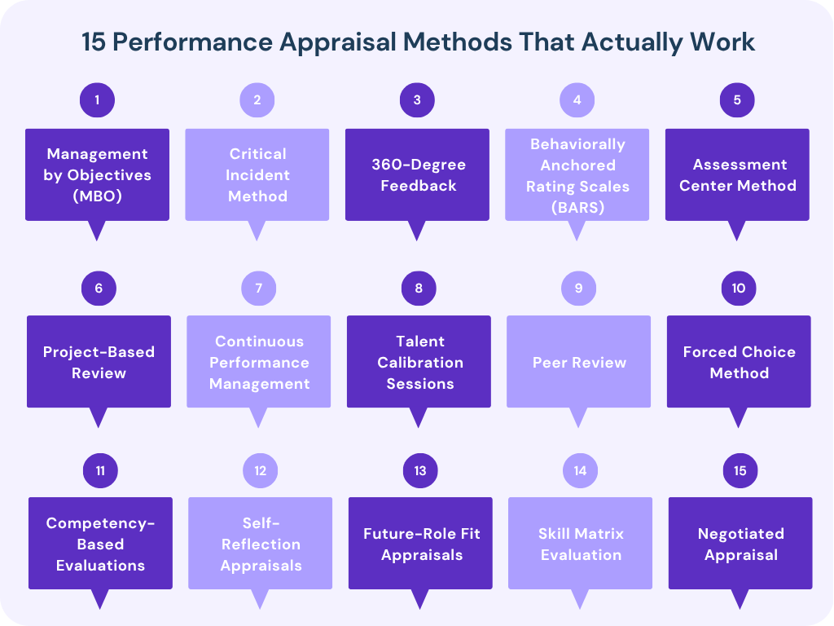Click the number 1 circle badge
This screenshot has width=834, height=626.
pyautogui.click(x=97, y=100)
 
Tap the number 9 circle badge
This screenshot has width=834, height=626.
pyautogui.click(x=578, y=288)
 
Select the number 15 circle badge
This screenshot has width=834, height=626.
pyautogui.click(x=740, y=470)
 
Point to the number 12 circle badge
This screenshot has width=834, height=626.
pyautogui.click(x=260, y=470)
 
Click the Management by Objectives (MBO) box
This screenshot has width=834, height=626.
pyautogui.click(x=97, y=174)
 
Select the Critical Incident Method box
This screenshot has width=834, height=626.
pyautogui.click(x=257, y=174)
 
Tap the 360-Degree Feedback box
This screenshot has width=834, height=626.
pyautogui.click(x=417, y=174)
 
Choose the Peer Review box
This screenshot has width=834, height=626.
pyautogui.click(x=578, y=362)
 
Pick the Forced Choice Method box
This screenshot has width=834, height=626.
pyautogui.click(x=739, y=362)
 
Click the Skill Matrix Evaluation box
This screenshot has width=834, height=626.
pyautogui.click(x=580, y=544)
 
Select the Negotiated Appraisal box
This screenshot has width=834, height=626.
pyautogui.click(x=740, y=544)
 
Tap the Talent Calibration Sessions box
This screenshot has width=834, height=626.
pyautogui.click(x=419, y=362)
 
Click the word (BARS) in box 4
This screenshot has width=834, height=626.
pyautogui.click(x=577, y=207)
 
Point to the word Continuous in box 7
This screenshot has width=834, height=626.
pyautogui.click(x=259, y=342)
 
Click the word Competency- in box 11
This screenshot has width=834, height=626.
pyautogui.click(x=100, y=523)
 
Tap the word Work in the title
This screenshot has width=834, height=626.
pyautogui.click(x=726, y=42)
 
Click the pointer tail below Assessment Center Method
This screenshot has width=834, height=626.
pyautogui.click(x=737, y=231)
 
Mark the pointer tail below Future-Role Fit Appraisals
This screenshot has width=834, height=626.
pyautogui.click(x=420, y=599)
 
